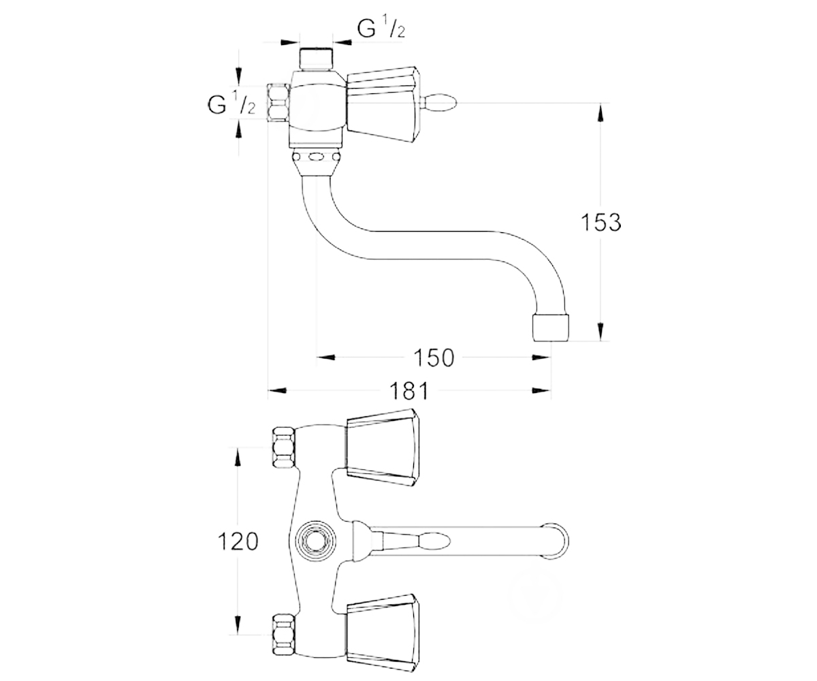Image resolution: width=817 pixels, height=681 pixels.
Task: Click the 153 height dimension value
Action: (600, 222)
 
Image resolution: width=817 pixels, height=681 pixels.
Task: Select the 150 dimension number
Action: (434, 358)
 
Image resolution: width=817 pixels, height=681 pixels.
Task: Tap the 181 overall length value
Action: (409, 391)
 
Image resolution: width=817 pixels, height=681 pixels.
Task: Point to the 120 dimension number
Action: (238, 541)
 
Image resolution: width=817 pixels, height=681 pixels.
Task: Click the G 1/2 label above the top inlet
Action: (381, 28)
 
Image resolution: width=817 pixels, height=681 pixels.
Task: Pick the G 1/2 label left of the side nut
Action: (231, 103)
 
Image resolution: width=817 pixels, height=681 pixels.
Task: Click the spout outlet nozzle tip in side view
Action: (551, 328)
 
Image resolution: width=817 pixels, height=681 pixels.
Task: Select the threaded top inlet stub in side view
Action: (316, 59)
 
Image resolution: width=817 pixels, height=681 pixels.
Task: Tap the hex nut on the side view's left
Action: (278, 103)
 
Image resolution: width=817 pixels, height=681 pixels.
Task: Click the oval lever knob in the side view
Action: (440, 103)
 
